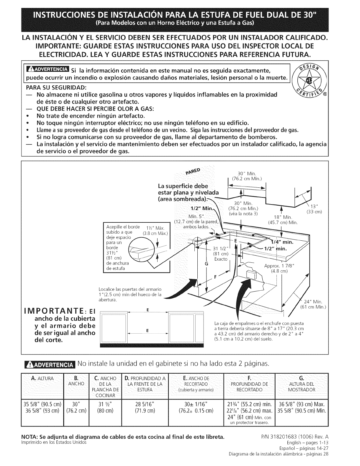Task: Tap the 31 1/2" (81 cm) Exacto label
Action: pyautogui.click(x=220, y=253)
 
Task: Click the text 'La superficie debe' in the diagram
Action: pyautogui.click(x=183, y=186)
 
